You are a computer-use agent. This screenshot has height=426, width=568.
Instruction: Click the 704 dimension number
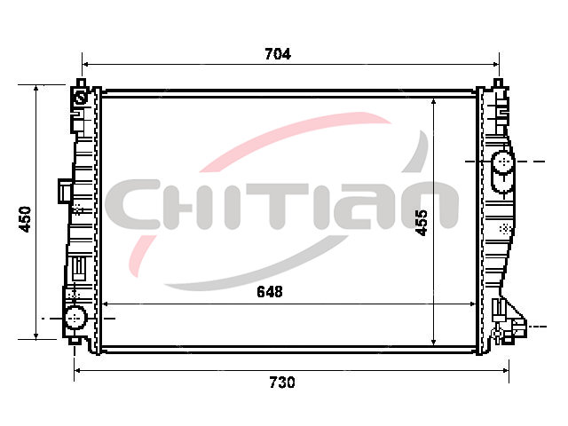click(x=278, y=54)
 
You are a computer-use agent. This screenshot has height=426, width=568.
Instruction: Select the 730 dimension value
click(x=282, y=383)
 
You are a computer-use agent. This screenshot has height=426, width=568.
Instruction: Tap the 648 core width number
click(x=270, y=292)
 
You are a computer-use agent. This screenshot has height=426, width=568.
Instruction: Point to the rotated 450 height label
click(x=26, y=219)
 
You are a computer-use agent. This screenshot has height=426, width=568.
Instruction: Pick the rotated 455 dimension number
click(x=422, y=223)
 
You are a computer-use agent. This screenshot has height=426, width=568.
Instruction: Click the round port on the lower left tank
click(x=75, y=318)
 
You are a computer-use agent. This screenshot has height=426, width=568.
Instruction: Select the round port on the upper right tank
click(x=503, y=162)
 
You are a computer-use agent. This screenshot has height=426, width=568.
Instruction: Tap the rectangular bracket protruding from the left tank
click(x=65, y=191)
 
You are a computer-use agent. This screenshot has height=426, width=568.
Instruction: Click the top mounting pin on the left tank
click(x=82, y=83)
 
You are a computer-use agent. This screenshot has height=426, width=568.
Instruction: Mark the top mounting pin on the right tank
click(x=499, y=83)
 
